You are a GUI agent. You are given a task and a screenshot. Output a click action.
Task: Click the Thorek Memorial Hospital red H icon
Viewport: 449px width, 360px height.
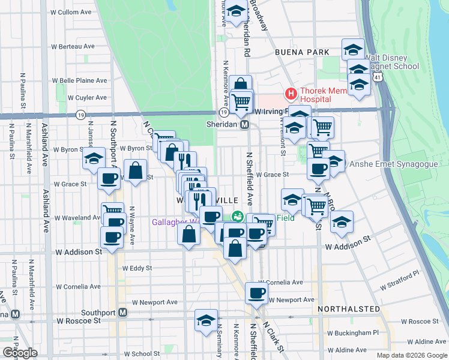pos(291,94)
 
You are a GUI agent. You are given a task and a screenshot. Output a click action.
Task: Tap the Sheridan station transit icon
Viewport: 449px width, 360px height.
pos(245,125)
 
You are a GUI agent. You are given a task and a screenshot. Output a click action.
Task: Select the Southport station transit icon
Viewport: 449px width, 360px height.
pos(123,313)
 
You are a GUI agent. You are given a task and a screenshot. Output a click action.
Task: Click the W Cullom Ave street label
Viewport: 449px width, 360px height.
pos(70,12)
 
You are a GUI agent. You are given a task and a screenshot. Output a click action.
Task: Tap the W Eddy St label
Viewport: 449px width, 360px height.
pos(136,269)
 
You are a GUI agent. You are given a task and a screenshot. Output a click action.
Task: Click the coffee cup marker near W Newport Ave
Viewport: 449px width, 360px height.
pos(257,293)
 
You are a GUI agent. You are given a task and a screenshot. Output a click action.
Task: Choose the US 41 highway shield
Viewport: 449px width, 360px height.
pos(377,77)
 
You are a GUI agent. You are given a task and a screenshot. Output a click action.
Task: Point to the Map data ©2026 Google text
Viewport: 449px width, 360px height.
pos(411,355)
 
